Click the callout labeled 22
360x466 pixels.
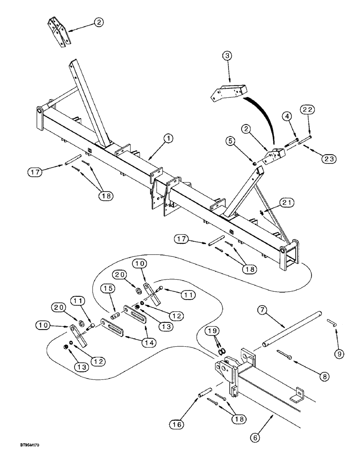[x=308, y=110]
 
